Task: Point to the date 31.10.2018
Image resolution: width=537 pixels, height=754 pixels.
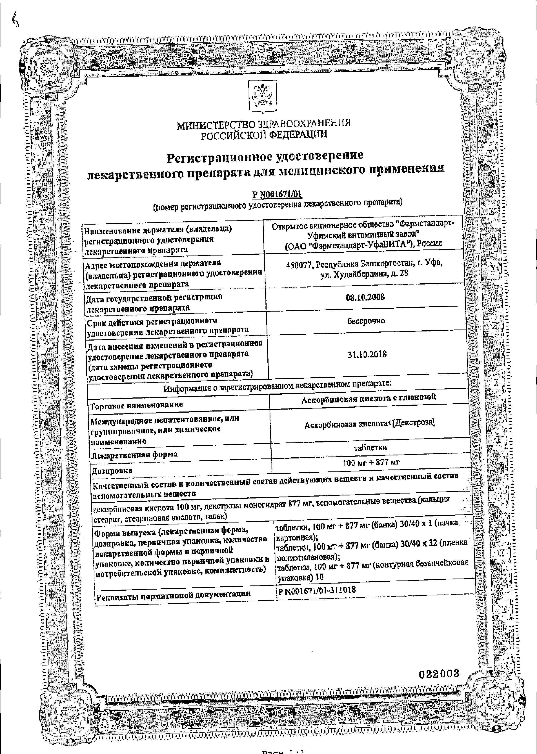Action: click(367, 355)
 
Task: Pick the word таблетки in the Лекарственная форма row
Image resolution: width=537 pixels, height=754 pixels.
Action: click(370, 448)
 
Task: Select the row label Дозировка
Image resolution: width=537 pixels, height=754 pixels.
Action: click(112, 471)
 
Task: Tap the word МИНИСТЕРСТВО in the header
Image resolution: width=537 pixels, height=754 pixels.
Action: click(216, 125)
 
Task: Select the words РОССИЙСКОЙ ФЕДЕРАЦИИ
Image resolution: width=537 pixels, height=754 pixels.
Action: click(264, 135)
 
